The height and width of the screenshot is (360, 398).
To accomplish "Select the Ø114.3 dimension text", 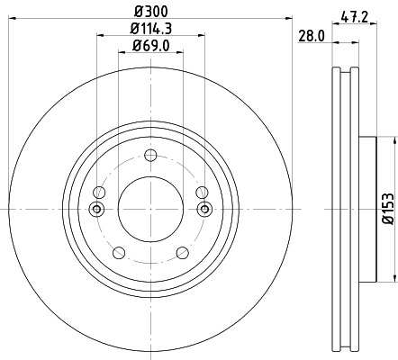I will click(151, 31).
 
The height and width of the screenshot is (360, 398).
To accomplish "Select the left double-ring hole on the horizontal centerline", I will click(97, 210).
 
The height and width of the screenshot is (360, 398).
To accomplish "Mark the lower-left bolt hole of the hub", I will click(119, 253).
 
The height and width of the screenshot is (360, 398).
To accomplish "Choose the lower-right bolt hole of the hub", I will click(184, 253).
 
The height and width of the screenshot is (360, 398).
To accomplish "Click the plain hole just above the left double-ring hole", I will click(100, 192).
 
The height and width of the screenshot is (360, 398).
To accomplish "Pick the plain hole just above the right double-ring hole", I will click(203, 192).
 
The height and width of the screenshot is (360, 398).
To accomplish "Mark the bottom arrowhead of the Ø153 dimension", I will click(394, 275).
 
